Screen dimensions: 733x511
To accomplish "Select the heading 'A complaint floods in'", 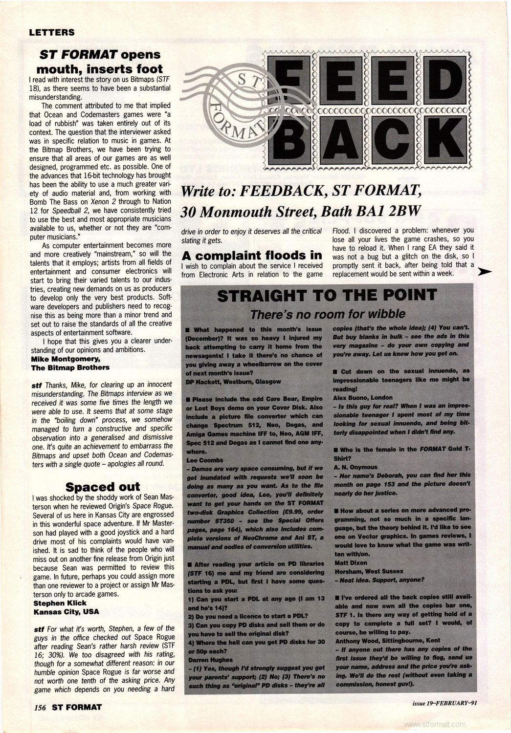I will pyautogui.click(x=251, y=255).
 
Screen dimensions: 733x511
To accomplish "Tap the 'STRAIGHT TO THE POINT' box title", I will pyautogui.click(x=327, y=295).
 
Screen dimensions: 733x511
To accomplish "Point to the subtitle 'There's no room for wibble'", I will pyautogui.click(x=328, y=313).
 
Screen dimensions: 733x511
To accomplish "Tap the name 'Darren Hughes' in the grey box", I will pyautogui.click(x=211, y=660).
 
